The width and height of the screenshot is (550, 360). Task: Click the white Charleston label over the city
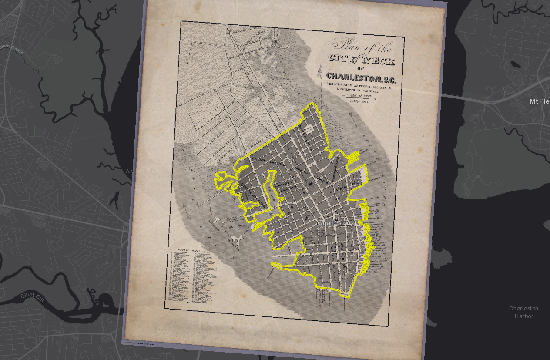click(x=334, y=223)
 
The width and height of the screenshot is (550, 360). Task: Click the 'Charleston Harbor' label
click(x=523, y=312)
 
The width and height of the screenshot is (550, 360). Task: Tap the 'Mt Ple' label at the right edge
click(x=539, y=101)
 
